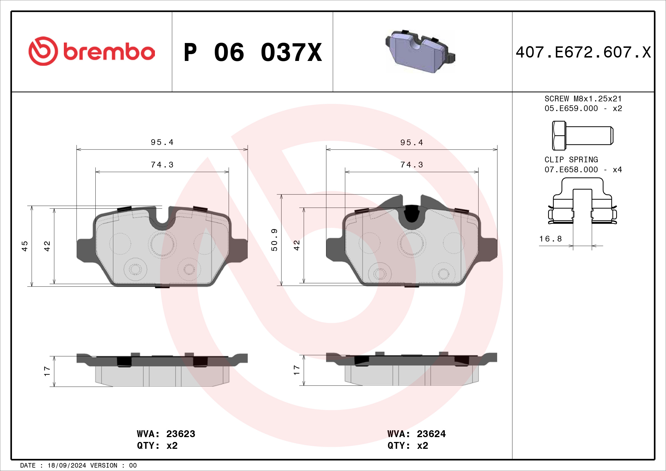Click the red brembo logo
coord(91,51)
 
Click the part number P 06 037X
coord(252,52)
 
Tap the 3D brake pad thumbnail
coord(420,51)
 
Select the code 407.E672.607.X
coord(583,52)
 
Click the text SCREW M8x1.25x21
coord(583,99)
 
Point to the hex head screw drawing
coord(582,136)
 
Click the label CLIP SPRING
coord(571,160)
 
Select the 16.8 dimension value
coord(550,239)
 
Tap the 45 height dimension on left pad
coord(25,246)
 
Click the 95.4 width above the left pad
coord(162,142)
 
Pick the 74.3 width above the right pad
coord(412,165)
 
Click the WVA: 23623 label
coord(166,434)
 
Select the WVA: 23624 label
coord(416,434)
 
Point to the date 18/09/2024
coord(67,466)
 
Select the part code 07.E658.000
coord(571,170)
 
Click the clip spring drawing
coord(582,203)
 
